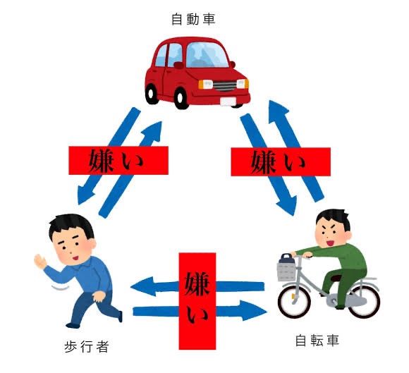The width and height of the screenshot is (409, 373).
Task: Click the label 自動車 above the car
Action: click(x=193, y=20)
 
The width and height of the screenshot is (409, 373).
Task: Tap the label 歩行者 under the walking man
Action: click(x=87, y=346)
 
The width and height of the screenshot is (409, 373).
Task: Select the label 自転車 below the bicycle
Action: click(x=317, y=341)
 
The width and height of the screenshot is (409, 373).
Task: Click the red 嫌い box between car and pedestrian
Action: click(x=118, y=161)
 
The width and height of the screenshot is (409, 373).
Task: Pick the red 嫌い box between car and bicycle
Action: click(x=281, y=161)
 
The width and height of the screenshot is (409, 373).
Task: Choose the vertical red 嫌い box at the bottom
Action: click(x=197, y=301)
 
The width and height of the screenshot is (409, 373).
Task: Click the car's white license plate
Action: click(x=228, y=102)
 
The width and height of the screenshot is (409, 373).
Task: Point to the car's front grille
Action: click(x=225, y=86)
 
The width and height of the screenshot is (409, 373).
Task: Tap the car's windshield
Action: click(x=207, y=55)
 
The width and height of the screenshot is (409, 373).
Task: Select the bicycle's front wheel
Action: click(x=294, y=302)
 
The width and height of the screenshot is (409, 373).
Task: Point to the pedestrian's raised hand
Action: click(x=40, y=262)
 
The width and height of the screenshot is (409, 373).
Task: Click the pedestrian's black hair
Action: click(x=71, y=225)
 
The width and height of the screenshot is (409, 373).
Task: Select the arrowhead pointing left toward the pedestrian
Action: click(x=142, y=287)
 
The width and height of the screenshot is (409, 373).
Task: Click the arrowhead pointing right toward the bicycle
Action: click(x=254, y=310)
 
